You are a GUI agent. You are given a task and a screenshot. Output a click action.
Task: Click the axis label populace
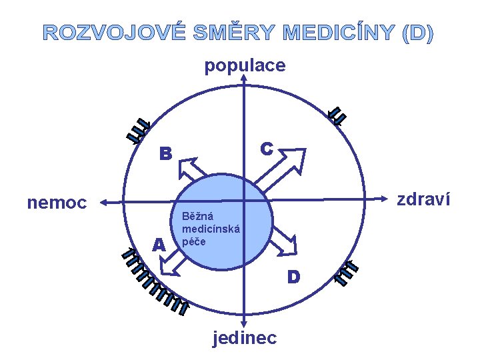pyautogui.click(x=245, y=65)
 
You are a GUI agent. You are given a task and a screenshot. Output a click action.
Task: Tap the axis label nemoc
pyautogui.click(x=57, y=202)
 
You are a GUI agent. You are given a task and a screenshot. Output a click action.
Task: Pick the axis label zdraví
pyautogui.click(x=423, y=199)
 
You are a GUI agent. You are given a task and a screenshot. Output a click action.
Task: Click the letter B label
pyautogui.click(x=165, y=154)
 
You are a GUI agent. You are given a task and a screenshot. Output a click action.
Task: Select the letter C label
pyautogui.click(x=267, y=148)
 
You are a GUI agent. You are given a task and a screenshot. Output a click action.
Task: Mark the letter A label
pyautogui.click(x=158, y=245)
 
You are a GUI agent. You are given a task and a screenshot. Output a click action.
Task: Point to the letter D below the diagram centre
pyautogui.click(x=293, y=275)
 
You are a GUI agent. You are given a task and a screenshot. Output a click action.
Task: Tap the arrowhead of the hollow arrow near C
pyautogui.click(x=293, y=161)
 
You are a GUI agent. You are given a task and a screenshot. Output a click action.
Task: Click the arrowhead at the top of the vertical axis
pyautogui.click(x=245, y=79)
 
